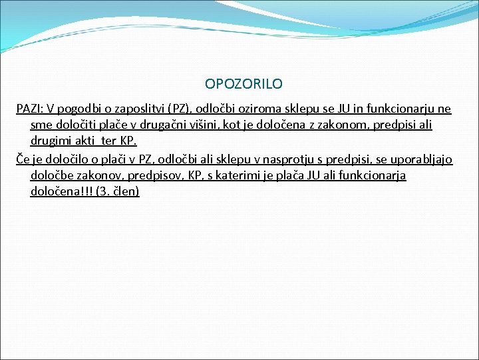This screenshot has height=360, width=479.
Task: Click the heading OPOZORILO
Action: click(x=243, y=84)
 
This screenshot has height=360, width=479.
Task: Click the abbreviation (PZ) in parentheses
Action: click(x=180, y=109)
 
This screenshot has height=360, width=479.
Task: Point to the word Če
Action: click(x=22, y=160)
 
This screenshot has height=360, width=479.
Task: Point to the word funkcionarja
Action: click(x=371, y=176)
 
